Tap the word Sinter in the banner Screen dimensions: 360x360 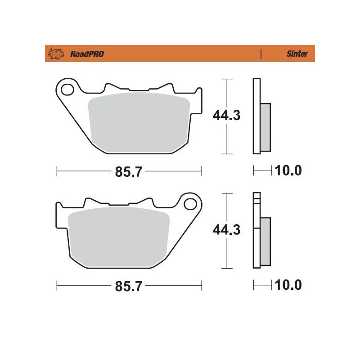point(297,54)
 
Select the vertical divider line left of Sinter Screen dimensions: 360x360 point(261,54)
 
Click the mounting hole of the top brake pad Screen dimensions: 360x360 point(68,90)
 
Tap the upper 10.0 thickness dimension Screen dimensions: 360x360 point(288,171)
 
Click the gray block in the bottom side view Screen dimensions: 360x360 point(266,241)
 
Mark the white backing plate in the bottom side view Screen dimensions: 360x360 point(256,234)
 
